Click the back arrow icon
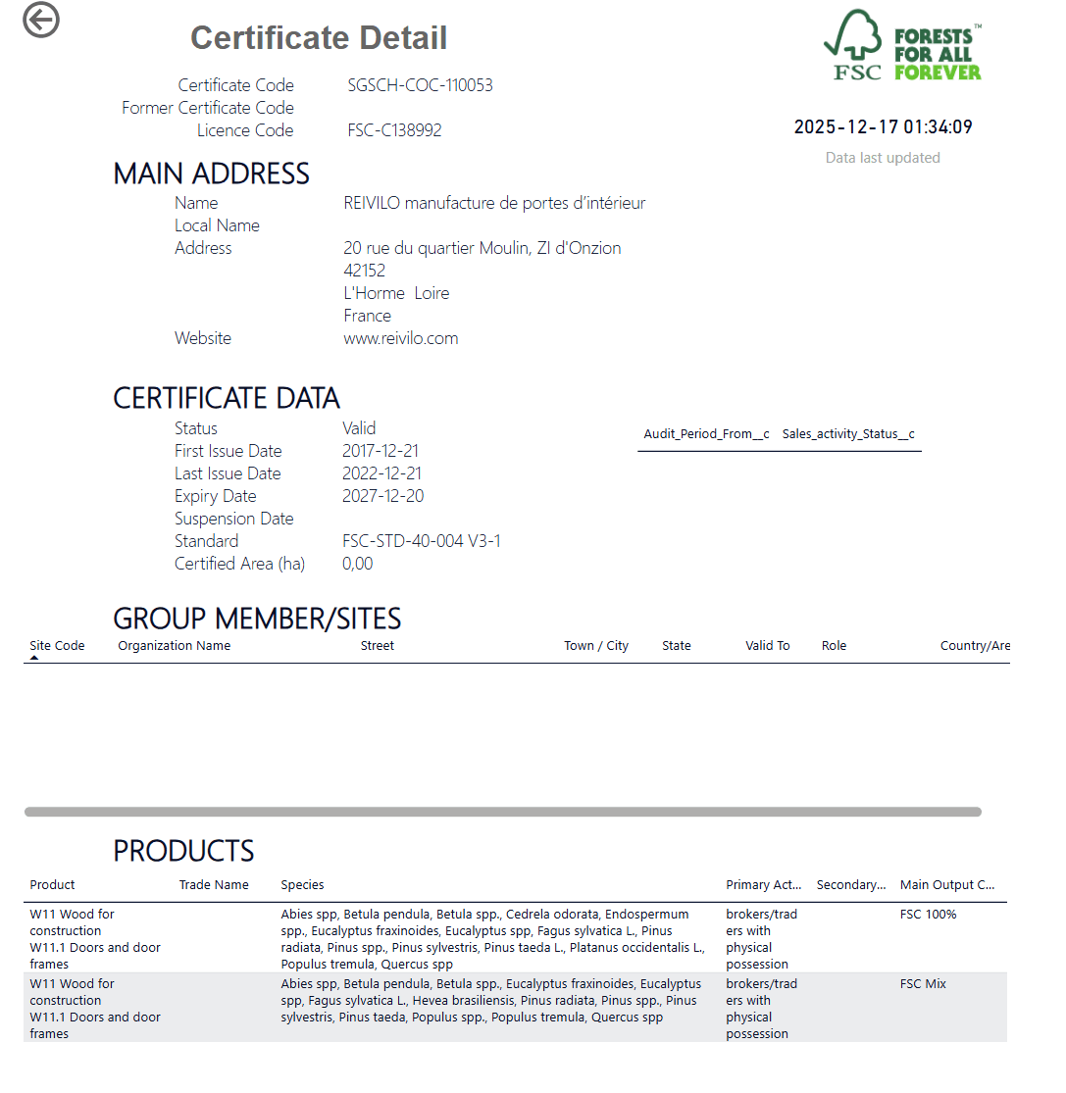click(41, 20)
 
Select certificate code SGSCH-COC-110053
click(420, 85)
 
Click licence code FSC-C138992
click(394, 130)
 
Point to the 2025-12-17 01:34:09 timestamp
click(883, 126)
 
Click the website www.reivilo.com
click(400, 338)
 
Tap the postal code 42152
click(364, 271)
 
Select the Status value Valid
click(359, 428)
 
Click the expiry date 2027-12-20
click(382, 496)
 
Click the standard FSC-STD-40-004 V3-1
click(422, 541)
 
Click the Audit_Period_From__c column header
click(706, 434)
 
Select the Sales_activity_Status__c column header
click(848, 434)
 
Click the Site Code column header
click(57, 646)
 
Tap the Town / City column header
click(596, 646)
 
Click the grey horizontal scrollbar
click(502, 812)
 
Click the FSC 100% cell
click(928, 915)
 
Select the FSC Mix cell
click(923, 984)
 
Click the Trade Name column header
click(214, 885)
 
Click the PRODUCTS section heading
click(183, 850)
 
